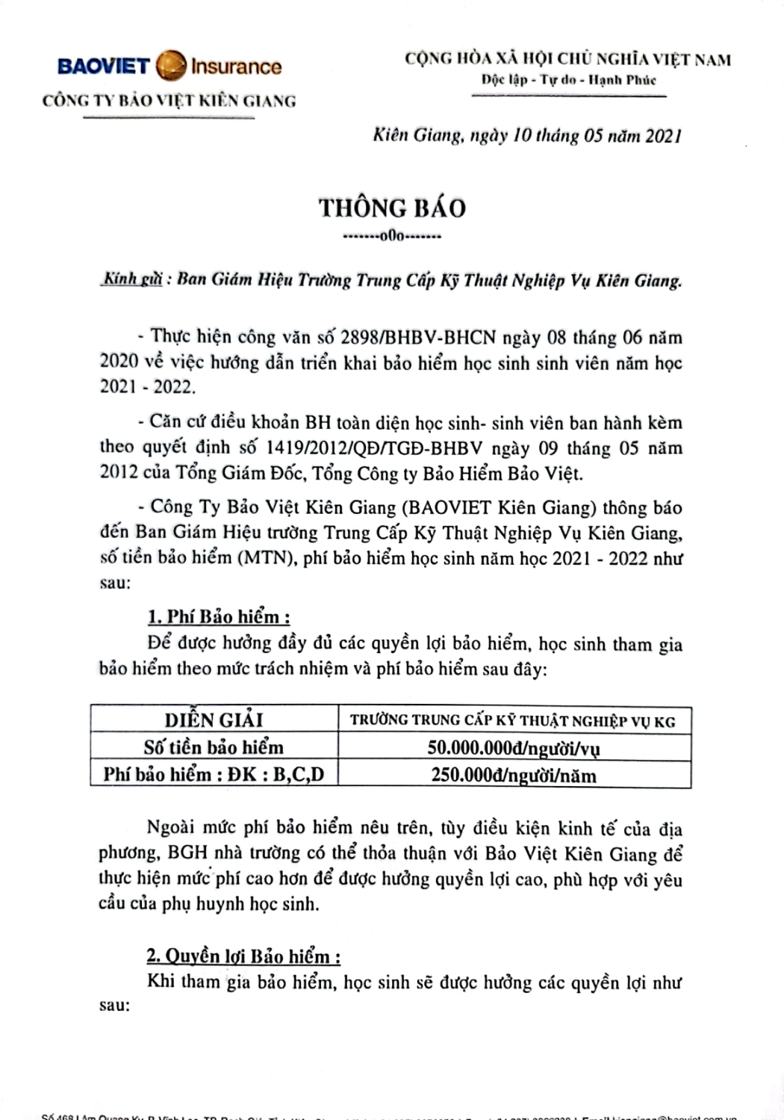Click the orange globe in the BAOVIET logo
tap(171, 65)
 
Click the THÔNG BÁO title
tap(393, 208)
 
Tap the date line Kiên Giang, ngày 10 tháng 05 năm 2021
tap(527, 135)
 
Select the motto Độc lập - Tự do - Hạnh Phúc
tap(568, 80)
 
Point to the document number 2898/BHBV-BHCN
tap(418, 337)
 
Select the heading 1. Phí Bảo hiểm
tap(218, 617)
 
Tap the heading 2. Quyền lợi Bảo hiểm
tap(243, 956)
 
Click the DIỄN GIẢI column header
tap(214, 720)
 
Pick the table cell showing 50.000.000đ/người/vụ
tap(514, 747)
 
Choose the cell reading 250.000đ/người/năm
tap(514, 775)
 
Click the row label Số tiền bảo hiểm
tap(214, 747)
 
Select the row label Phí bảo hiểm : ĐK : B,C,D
tap(214, 774)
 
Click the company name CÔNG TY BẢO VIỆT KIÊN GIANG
tap(169, 101)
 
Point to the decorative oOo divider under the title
tap(391, 237)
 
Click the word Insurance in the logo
tap(236, 66)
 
